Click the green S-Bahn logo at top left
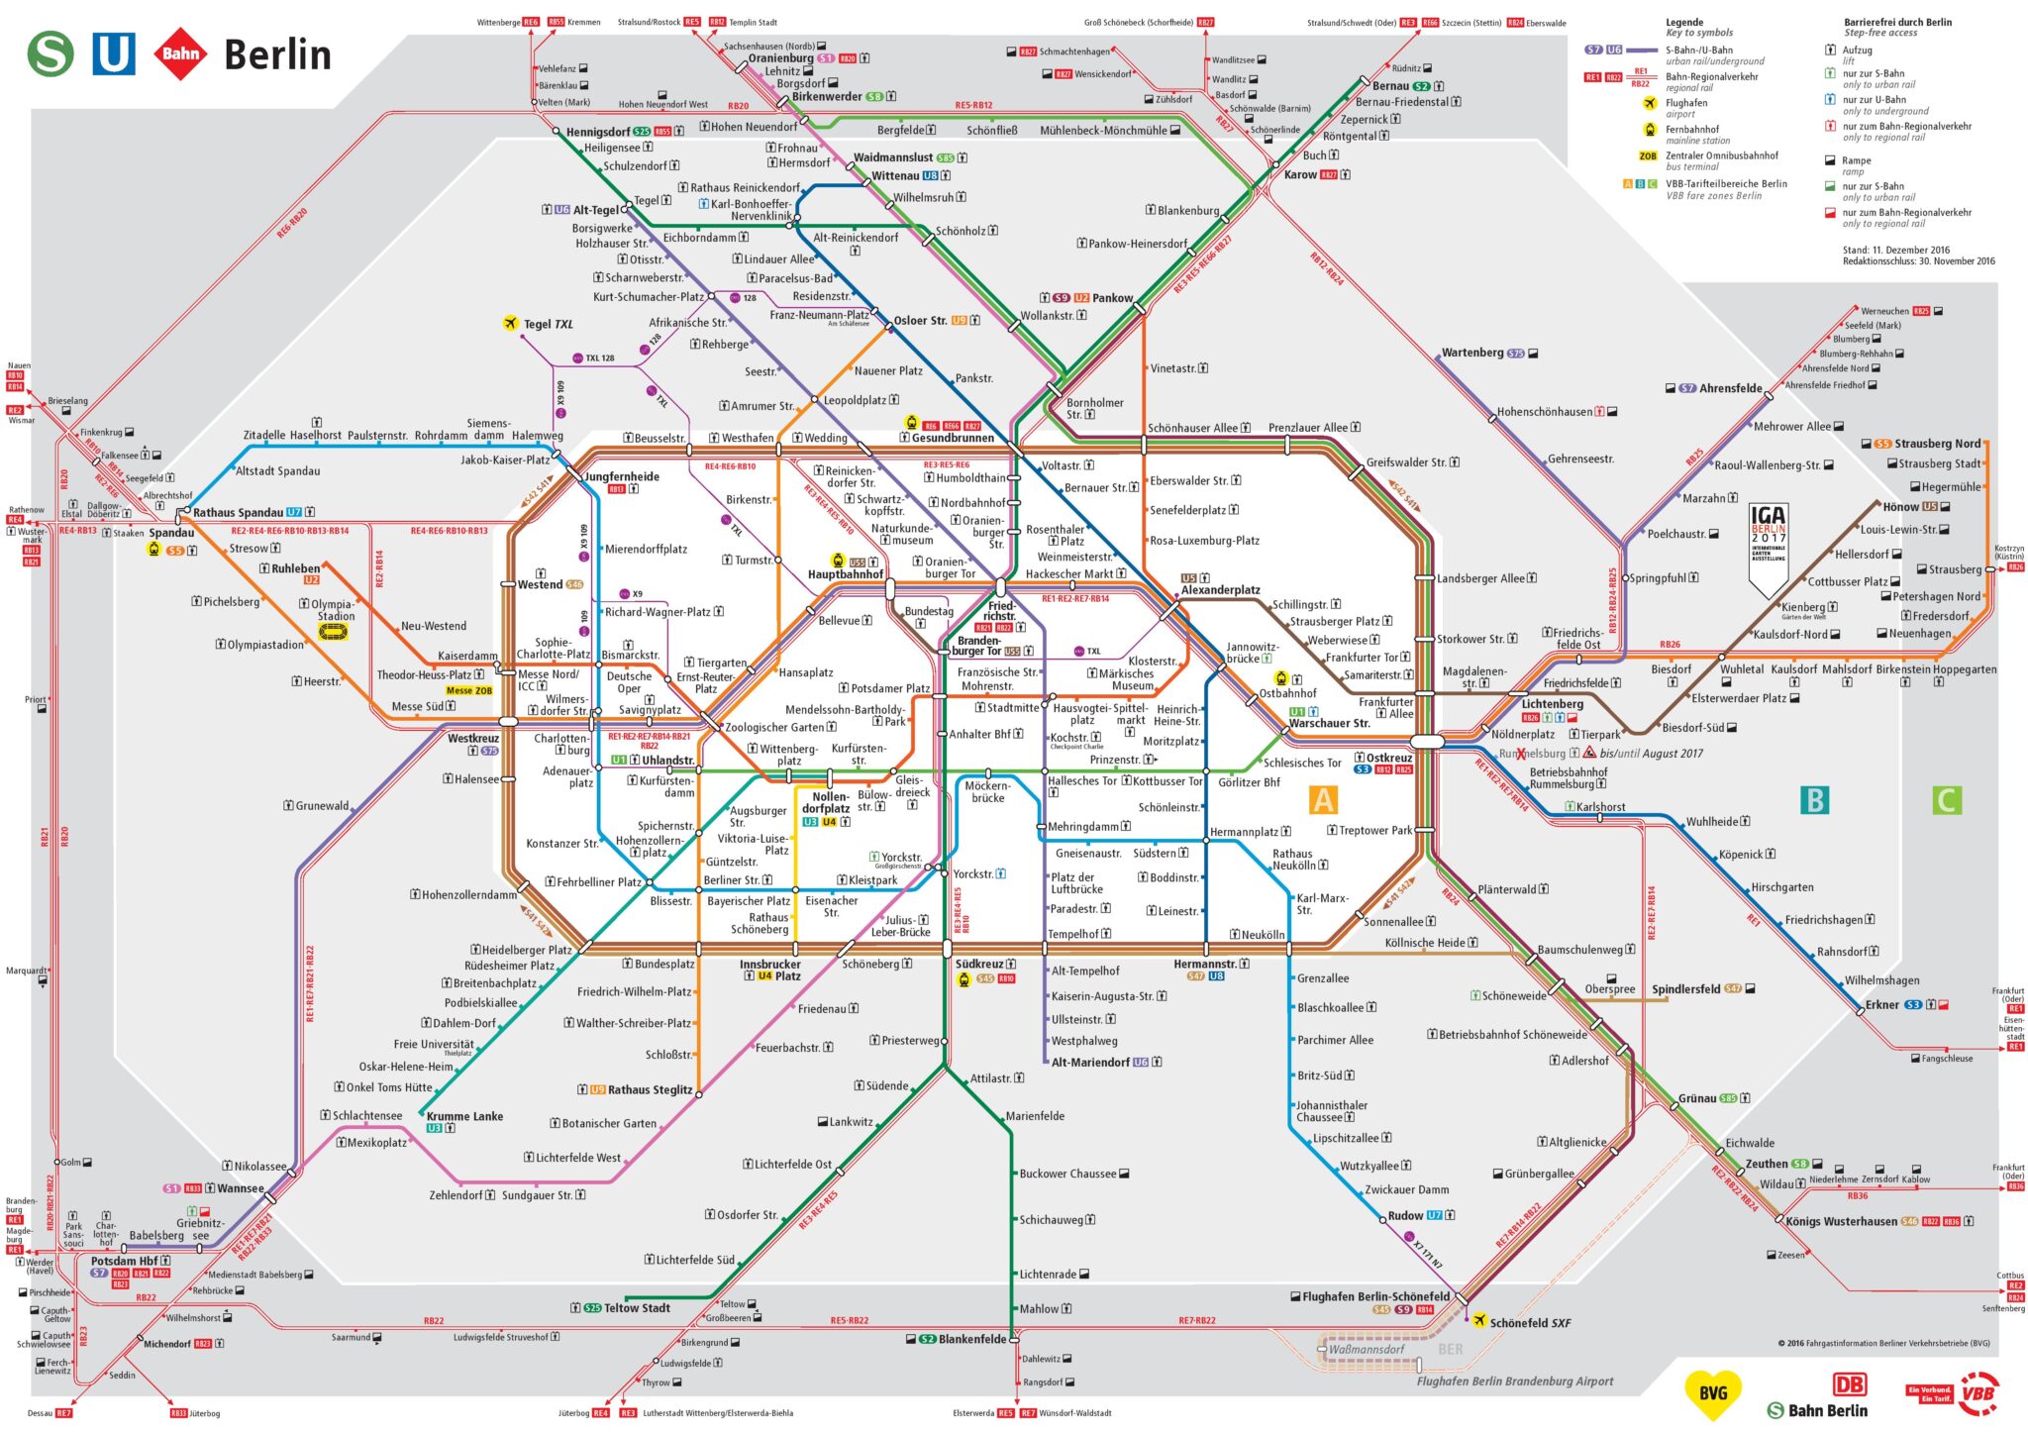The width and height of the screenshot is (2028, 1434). (50, 53)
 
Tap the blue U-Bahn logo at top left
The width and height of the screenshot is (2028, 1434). (113, 53)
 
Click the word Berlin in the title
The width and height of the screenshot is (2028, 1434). (277, 55)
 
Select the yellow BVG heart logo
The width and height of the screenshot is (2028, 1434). (1712, 1393)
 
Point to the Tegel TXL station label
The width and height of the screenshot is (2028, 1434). (548, 324)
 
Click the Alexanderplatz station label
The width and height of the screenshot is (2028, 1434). (1220, 590)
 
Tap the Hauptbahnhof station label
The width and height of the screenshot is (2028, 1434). (845, 574)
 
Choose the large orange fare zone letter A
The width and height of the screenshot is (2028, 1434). (1323, 799)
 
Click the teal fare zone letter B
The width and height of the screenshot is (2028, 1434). (1814, 799)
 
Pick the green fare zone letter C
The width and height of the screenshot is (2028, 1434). (1946, 799)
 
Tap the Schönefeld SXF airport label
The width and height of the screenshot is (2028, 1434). (1530, 1323)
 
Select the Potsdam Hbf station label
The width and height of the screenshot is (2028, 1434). (124, 1261)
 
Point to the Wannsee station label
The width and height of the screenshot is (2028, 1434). (241, 1188)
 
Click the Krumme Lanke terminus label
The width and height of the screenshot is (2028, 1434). (464, 1116)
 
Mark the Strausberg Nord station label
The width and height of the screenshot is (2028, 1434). (1937, 444)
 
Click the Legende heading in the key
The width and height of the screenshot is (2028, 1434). (1684, 22)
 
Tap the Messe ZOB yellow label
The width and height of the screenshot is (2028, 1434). (468, 690)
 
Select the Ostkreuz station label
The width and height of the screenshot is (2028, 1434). (1389, 758)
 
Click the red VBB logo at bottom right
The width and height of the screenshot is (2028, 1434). (1978, 1393)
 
